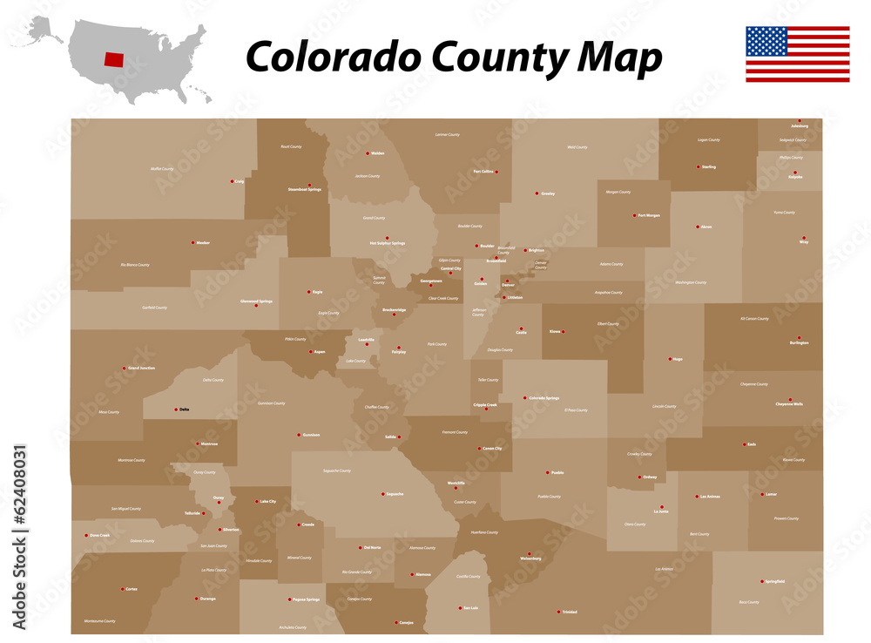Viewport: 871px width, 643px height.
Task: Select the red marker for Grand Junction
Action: [125, 369]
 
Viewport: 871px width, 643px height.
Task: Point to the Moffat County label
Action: [162, 169]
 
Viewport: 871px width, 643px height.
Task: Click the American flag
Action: [797, 54]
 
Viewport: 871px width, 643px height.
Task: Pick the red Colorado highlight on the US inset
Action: [113, 58]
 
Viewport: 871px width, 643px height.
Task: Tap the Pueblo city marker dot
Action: [548, 472]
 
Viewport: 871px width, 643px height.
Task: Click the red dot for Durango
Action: [197, 599]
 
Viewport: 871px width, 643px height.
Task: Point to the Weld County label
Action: [577, 147]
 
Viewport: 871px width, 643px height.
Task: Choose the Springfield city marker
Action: [762, 581]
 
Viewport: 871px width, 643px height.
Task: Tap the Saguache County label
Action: [336, 470]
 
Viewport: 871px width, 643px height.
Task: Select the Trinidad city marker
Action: [558, 612]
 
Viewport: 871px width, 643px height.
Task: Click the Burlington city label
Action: [799, 343]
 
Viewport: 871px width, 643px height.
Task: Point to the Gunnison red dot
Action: [299, 434]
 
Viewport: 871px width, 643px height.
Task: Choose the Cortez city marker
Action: [123, 589]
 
